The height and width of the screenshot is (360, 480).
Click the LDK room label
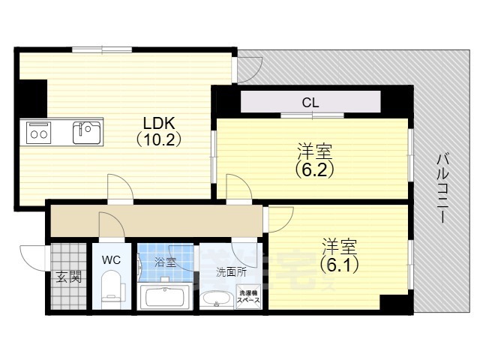(x=159, y=123)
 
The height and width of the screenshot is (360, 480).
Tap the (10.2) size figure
(x=159, y=139)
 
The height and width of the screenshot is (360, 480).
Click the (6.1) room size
(x=340, y=263)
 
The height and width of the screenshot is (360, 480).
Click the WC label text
(x=112, y=260)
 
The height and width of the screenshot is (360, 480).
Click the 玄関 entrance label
(x=68, y=277)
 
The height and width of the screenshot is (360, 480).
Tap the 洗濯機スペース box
(x=249, y=295)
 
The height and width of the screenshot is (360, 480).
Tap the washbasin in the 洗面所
(x=217, y=299)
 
